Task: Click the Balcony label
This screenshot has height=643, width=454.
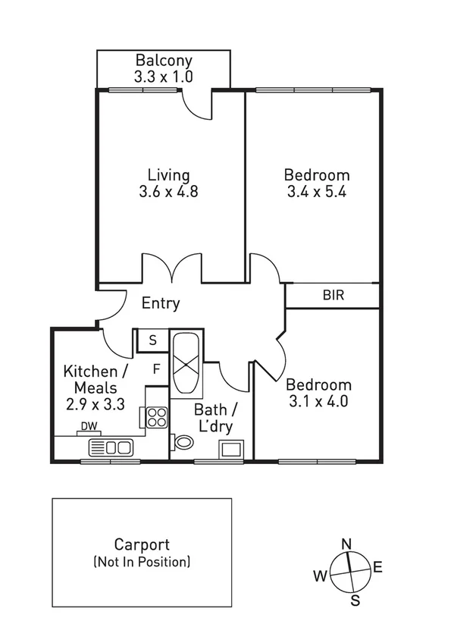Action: coord(164,60)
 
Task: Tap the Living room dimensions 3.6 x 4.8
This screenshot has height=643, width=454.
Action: coord(168,192)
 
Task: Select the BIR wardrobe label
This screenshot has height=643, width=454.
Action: coord(333,295)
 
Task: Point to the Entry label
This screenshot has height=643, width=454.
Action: coord(161,304)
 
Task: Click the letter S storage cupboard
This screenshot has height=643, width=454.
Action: coord(152,340)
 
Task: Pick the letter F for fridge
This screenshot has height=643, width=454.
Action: coord(157,370)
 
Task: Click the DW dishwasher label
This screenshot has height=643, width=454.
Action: coord(89,427)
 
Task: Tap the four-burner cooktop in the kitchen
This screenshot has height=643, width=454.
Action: coord(157,416)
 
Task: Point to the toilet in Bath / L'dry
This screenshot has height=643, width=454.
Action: coord(182,441)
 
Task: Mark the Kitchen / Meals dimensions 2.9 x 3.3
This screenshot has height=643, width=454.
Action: coord(95,404)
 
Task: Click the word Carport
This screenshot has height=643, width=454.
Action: coord(142,544)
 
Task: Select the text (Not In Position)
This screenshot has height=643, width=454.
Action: coord(142,562)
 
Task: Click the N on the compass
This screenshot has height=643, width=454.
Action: coord(346,544)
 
